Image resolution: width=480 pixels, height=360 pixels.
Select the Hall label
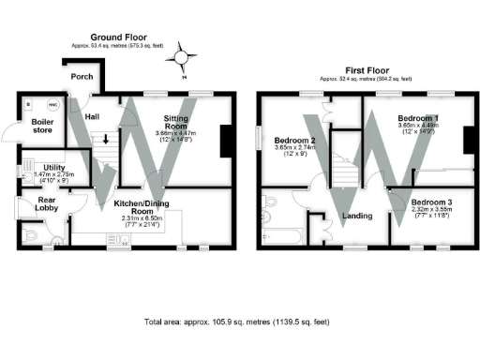[x=92, y=117]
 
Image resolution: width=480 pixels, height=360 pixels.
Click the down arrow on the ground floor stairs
[x=105, y=140]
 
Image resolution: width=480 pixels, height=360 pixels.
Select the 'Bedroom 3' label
[x=432, y=202]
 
